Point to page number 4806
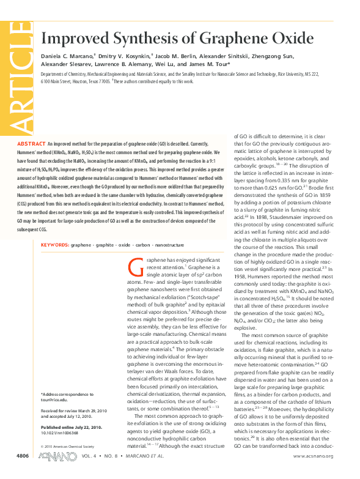[22, 472]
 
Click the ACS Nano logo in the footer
[53, 472]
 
